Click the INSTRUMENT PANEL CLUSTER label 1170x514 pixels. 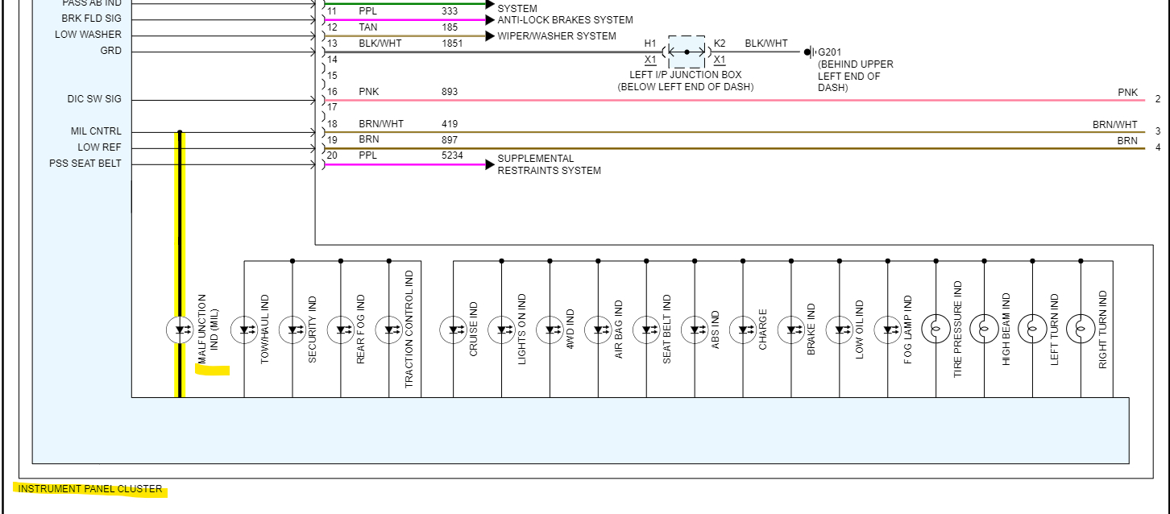pyautogui.click(x=90, y=489)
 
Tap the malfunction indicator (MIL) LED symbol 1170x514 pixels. pyautogui.click(x=179, y=330)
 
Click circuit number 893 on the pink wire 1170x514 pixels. pyautogui.click(x=450, y=92)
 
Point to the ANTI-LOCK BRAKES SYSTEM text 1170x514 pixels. pyautogui.click(x=565, y=20)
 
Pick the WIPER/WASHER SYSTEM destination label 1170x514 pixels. pyautogui.click(x=557, y=36)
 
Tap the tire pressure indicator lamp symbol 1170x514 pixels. pyautogui.click(x=936, y=330)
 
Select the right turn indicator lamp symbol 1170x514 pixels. pyautogui.click(x=1081, y=330)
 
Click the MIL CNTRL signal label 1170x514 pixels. pyautogui.click(x=96, y=131)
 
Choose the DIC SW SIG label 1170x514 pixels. pyautogui.click(x=94, y=99)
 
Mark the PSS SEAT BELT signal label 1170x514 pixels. pyautogui.click(x=85, y=164)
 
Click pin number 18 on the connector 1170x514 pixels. pyautogui.click(x=332, y=124)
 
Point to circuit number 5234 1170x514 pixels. pyautogui.click(x=452, y=155)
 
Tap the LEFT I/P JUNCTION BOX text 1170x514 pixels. pyautogui.click(x=686, y=75)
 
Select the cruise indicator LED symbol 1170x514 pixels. pyautogui.click(x=453, y=330)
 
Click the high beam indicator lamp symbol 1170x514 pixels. pyautogui.click(x=984, y=330)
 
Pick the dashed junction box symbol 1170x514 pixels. pyautogui.click(x=687, y=52)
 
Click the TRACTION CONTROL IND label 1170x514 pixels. pyautogui.click(x=409, y=330)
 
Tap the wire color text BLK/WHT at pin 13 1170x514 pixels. pyautogui.click(x=380, y=44)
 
